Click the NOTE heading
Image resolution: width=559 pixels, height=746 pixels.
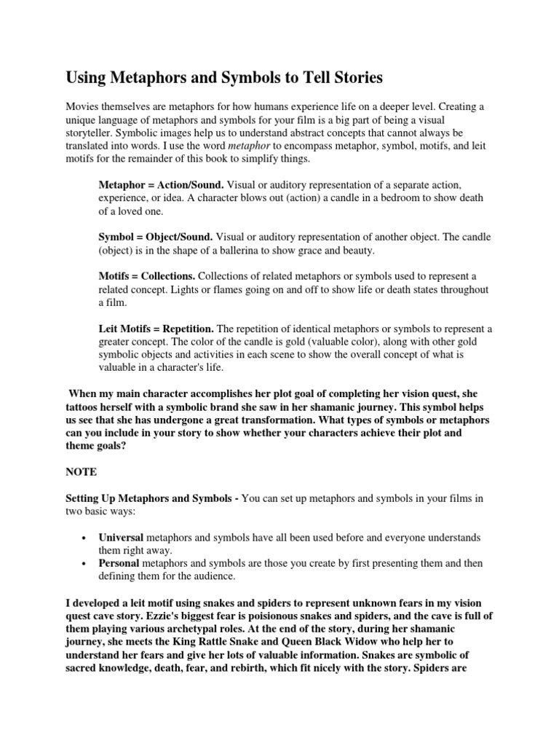point(82,471)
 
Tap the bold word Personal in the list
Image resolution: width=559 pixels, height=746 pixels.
point(119,563)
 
